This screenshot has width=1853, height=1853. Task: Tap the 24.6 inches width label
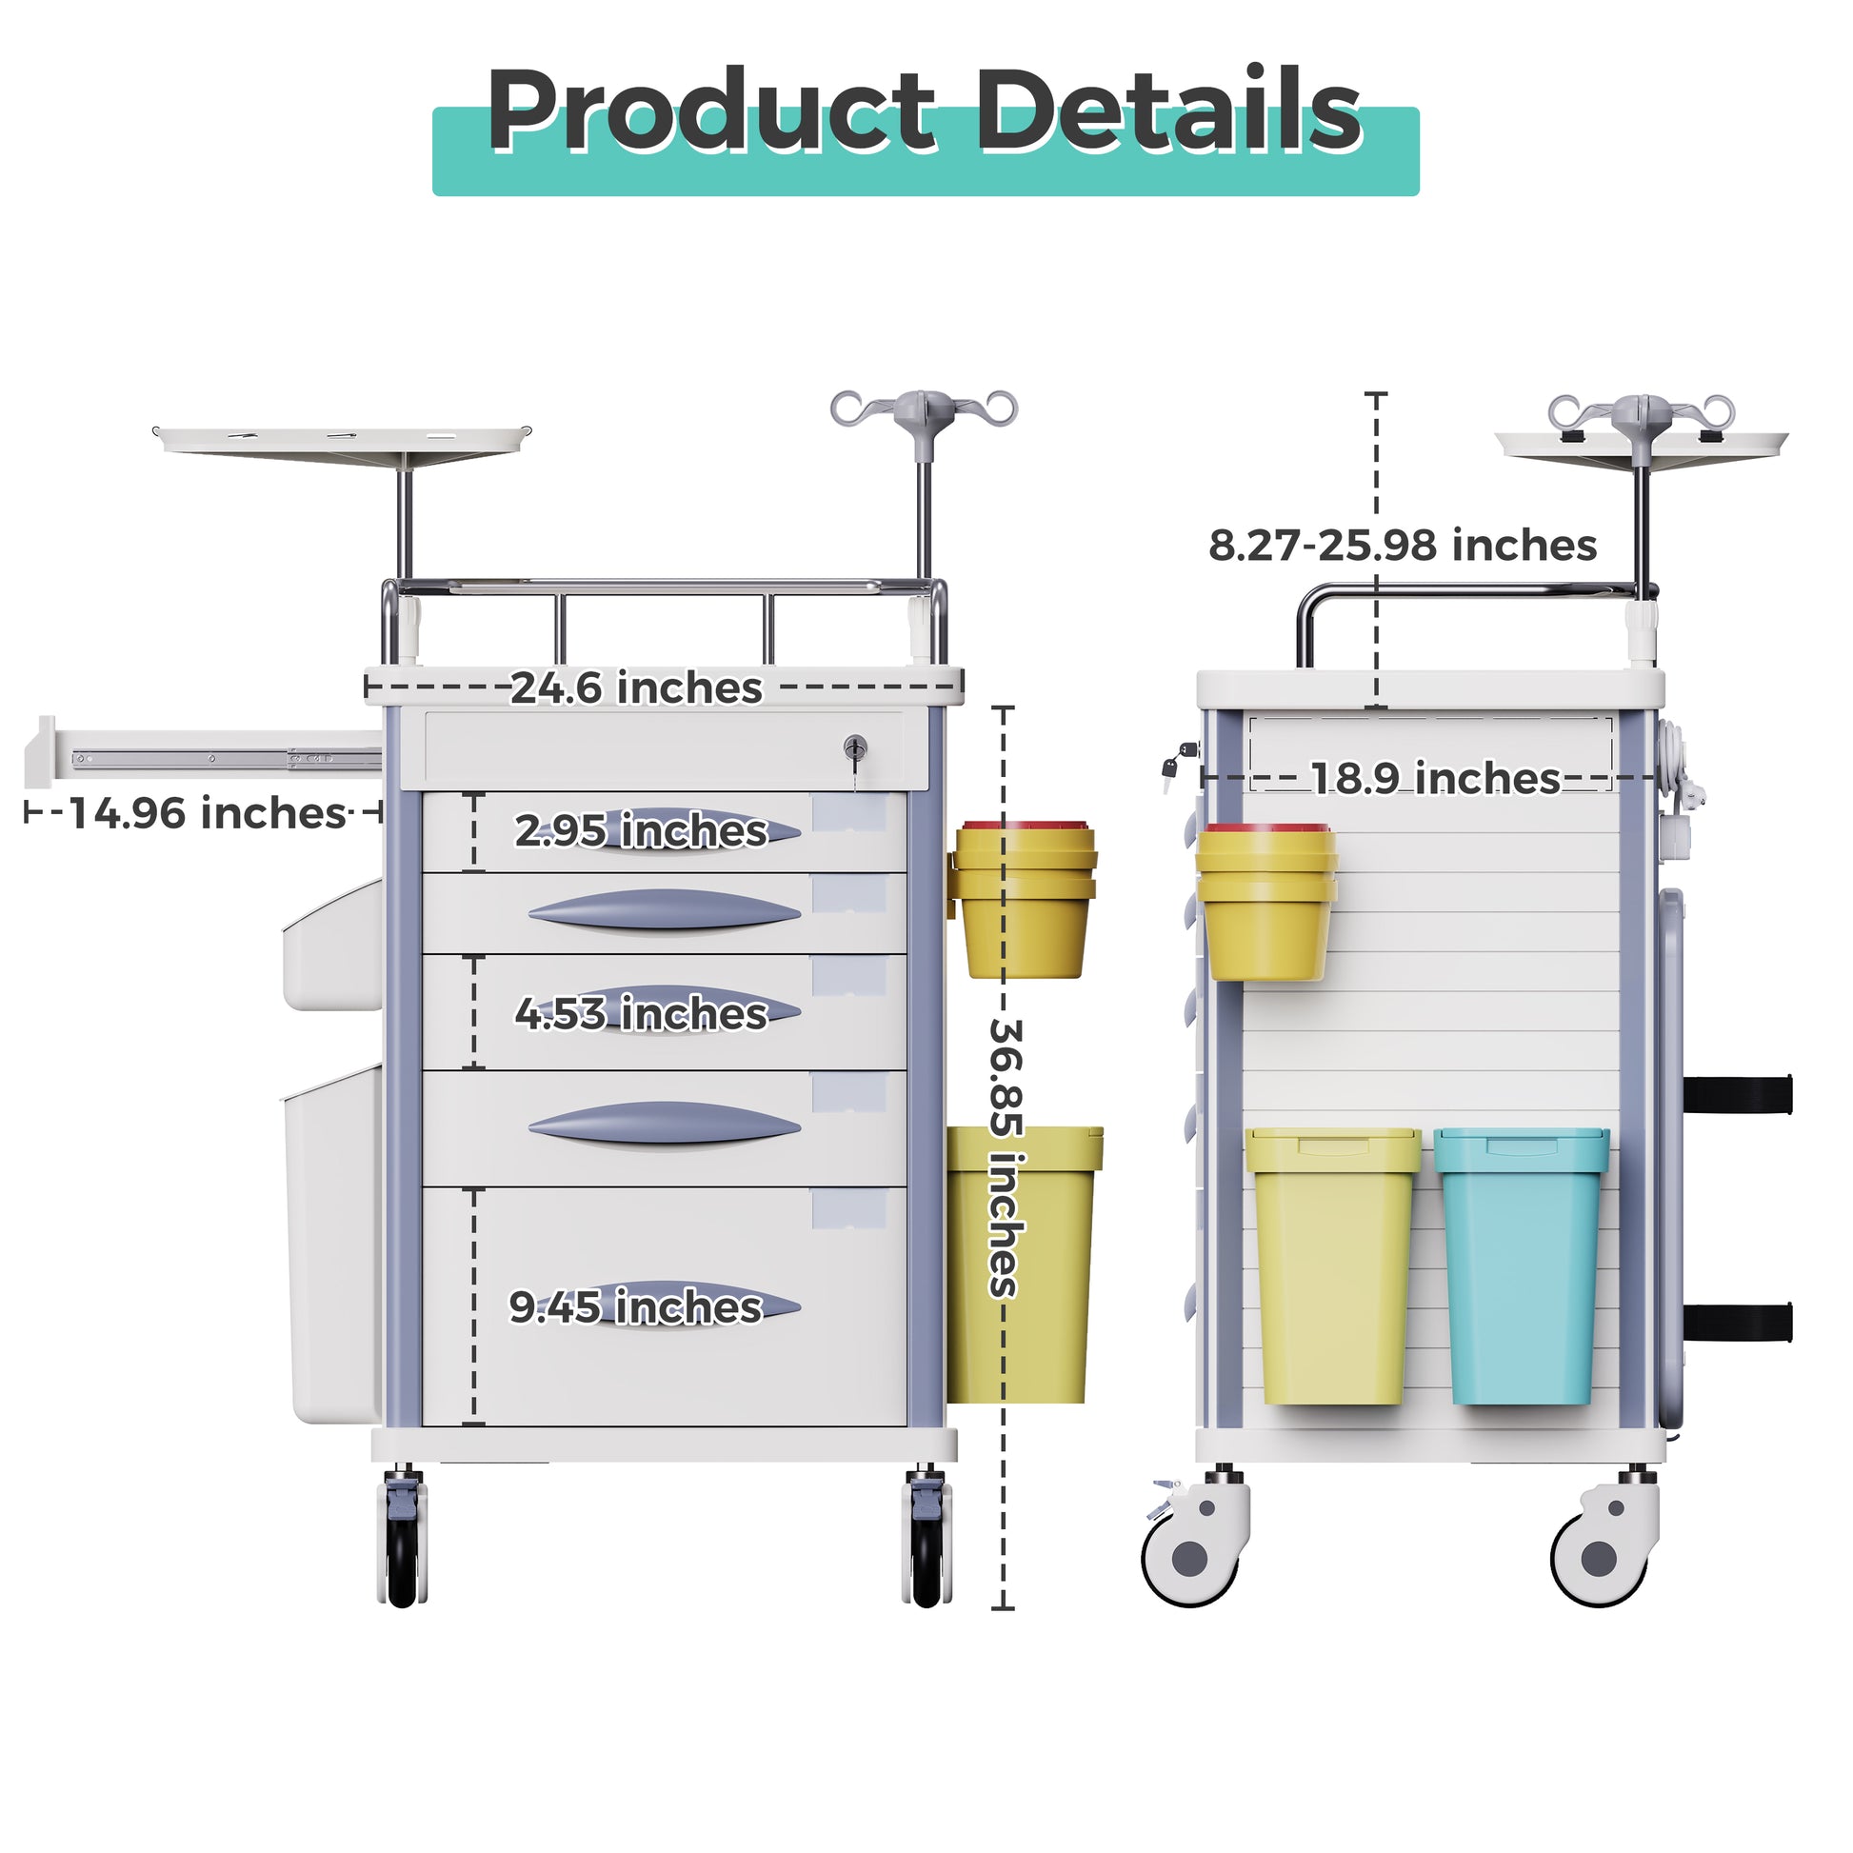coord(636,687)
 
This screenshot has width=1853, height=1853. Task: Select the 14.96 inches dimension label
coord(207,813)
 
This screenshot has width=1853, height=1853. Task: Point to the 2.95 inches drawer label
coord(641,830)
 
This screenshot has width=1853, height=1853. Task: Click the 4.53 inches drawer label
coord(641,1013)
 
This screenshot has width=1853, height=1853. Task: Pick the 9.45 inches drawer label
coord(635,1306)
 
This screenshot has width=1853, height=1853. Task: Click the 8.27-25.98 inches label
coord(1403,545)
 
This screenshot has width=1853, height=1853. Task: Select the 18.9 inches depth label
coord(1436,778)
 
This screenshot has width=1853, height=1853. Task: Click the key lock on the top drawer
coord(855,749)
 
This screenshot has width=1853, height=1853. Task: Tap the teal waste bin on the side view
coord(1521,1266)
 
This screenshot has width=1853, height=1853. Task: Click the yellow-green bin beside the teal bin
coord(1333,1266)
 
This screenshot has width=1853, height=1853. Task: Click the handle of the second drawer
coord(664,910)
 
